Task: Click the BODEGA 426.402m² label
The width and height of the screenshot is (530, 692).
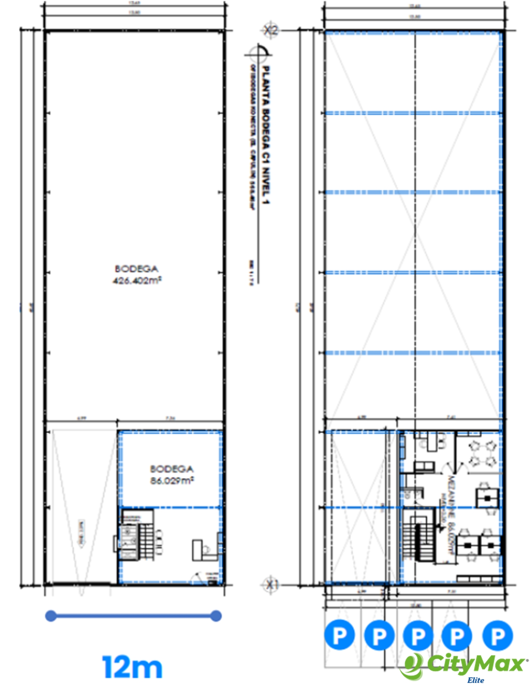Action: click(136, 274)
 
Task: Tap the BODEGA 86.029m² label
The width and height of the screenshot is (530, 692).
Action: click(172, 475)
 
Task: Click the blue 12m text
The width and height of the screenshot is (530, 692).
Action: click(132, 667)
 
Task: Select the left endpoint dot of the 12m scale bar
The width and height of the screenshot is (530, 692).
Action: click(51, 616)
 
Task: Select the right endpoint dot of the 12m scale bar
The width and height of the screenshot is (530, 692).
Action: click(216, 616)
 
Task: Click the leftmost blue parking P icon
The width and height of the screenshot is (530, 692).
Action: click(339, 635)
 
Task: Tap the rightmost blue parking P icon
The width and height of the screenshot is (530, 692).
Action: click(497, 635)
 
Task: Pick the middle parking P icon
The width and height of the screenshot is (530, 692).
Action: click(418, 635)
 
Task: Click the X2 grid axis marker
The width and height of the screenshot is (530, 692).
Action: click(270, 31)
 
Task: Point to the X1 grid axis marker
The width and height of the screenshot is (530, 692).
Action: click(270, 585)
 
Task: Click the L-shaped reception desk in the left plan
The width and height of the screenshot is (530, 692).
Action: click(204, 549)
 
